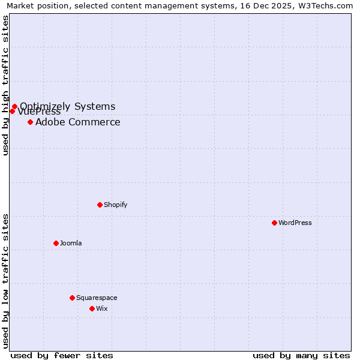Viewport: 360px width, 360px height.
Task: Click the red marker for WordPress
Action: click(274, 223)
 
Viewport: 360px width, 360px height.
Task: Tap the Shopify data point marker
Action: click(100, 205)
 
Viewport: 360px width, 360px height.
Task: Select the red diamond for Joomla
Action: click(56, 243)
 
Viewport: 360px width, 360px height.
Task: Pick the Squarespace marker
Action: click(72, 298)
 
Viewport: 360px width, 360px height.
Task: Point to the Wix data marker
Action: click(92, 308)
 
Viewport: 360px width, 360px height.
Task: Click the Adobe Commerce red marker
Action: click(30, 122)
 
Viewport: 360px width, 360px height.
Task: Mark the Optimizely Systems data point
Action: click(14, 107)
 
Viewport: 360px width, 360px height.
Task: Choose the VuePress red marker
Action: click(11, 111)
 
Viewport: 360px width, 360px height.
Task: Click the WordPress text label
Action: click(295, 223)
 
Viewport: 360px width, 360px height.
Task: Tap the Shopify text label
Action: click(116, 205)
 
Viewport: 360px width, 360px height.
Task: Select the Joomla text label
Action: click(71, 243)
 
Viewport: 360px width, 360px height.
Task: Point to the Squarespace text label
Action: click(97, 298)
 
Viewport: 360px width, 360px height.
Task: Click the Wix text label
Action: click(102, 308)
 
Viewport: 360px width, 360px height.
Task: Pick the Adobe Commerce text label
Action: click(78, 122)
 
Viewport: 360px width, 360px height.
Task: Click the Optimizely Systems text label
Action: click(68, 106)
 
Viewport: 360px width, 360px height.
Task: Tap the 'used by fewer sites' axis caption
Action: click(62, 355)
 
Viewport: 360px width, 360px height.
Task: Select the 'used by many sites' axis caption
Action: click(301, 355)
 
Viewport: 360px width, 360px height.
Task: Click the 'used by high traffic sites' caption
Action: click(5, 85)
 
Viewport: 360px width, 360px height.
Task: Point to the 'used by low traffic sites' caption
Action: click(5, 281)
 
